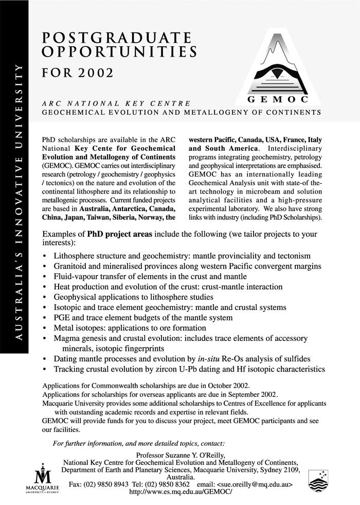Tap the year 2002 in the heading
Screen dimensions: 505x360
coord(95,73)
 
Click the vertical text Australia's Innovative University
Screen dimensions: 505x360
coord(19,201)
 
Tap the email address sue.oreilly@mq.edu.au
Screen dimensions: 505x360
coord(255,484)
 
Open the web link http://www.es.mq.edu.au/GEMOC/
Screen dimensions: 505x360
coord(180,492)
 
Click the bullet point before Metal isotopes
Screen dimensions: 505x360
coord(46,328)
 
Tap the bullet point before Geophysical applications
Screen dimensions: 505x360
coord(46,297)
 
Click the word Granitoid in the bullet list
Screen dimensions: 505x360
coord(72,266)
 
